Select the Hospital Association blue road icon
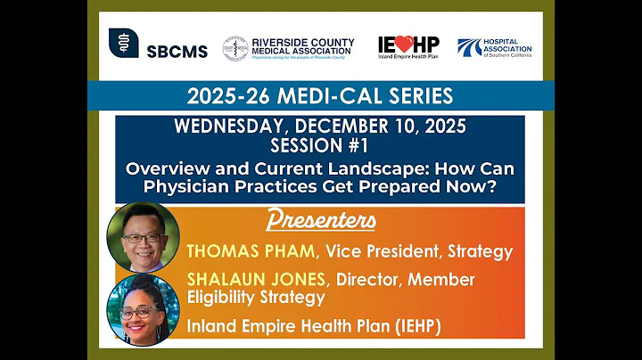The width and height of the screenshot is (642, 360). (469, 45)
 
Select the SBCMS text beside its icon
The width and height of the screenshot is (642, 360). (177, 51)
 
